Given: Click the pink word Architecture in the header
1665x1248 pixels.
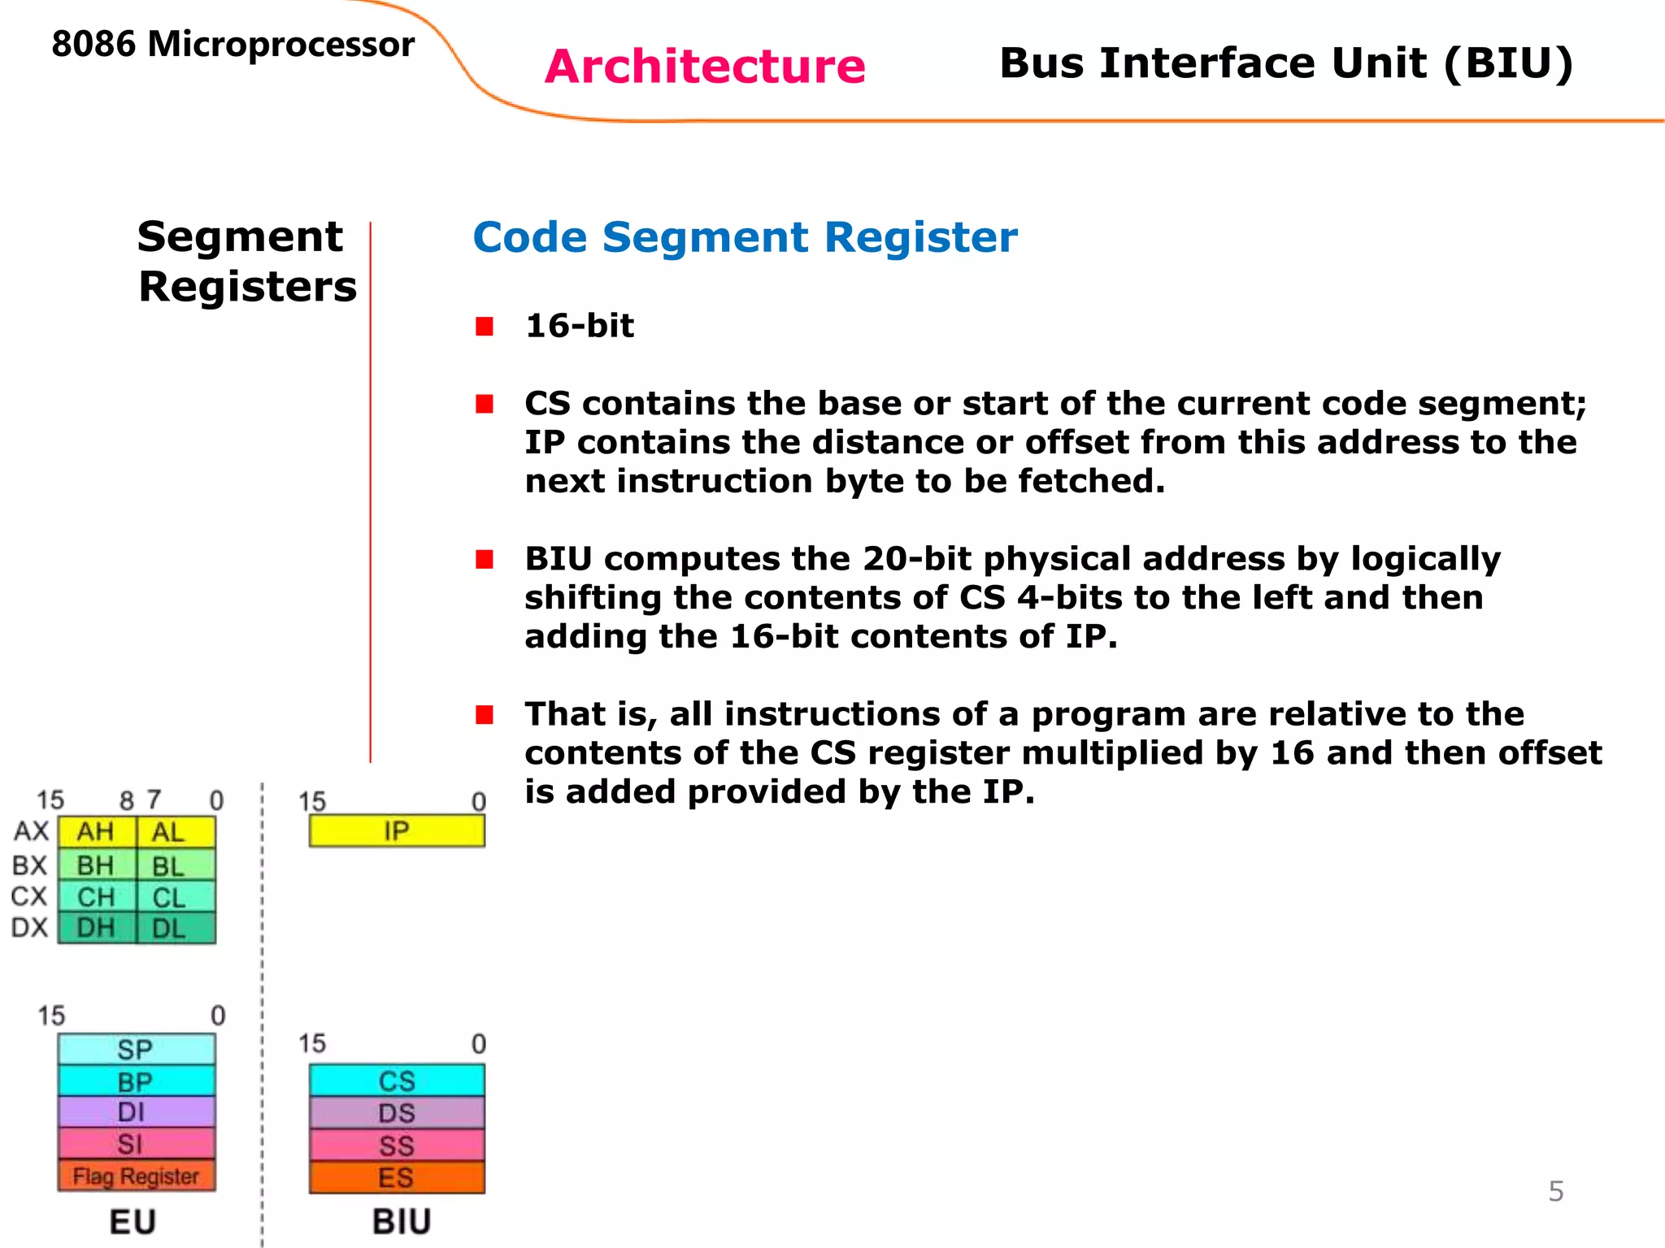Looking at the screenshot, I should point(705,67).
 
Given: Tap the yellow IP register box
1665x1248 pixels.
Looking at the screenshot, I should point(397,831).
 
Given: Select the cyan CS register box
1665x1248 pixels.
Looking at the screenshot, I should point(397,1081).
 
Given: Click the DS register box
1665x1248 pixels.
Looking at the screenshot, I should point(397,1113).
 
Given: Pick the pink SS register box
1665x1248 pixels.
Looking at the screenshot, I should point(397,1146).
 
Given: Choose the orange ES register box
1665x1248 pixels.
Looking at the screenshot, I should point(397,1177).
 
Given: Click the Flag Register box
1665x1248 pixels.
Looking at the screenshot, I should point(137,1176).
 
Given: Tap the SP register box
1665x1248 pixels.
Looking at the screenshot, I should point(137,1049).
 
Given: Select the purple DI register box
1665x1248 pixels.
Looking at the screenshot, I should point(137,1111).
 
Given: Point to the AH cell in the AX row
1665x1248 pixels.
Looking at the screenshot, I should point(96,832).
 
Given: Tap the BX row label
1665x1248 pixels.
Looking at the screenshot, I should point(30,865).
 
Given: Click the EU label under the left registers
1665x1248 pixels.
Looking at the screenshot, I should point(133,1222).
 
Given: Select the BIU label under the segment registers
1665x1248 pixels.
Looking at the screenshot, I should point(402,1222).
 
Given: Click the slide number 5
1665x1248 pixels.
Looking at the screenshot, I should point(1555,1191).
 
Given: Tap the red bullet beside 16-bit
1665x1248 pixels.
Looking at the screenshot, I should point(485,327).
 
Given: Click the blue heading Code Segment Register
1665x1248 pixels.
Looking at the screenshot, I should point(745,237).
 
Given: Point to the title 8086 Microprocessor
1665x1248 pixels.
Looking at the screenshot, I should point(233,44).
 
